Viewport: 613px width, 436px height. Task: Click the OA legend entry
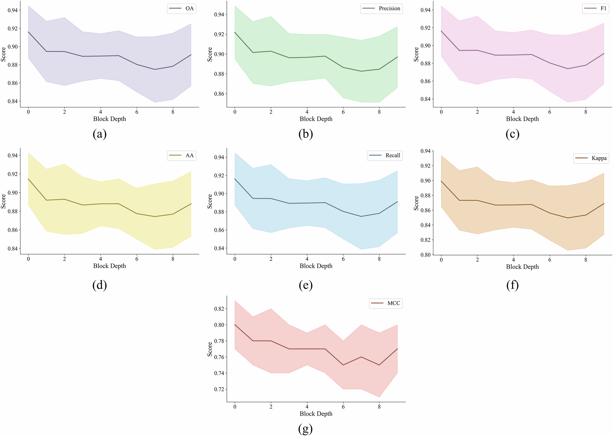(x=182, y=9)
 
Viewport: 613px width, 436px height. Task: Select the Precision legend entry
(x=382, y=9)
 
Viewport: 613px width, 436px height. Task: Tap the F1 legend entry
(x=596, y=9)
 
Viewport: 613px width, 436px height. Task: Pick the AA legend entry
(x=182, y=155)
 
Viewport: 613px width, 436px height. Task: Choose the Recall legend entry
(x=385, y=155)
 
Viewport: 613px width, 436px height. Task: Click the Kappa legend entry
(x=591, y=158)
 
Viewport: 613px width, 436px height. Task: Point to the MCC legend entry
(x=386, y=303)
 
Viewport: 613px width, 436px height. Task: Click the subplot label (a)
(x=99, y=134)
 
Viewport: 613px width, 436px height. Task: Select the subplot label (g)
(x=305, y=429)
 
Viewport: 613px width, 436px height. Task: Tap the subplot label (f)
(x=512, y=285)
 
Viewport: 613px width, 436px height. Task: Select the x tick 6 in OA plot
(x=137, y=112)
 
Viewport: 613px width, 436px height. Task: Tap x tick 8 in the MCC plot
(x=379, y=407)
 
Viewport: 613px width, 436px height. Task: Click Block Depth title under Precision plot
(x=316, y=119)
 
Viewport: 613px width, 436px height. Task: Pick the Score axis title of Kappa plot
(x=416, y=203)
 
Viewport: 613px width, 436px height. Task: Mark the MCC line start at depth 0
(x=235, y=325)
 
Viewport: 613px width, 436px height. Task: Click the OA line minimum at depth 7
(x=155, y=69)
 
